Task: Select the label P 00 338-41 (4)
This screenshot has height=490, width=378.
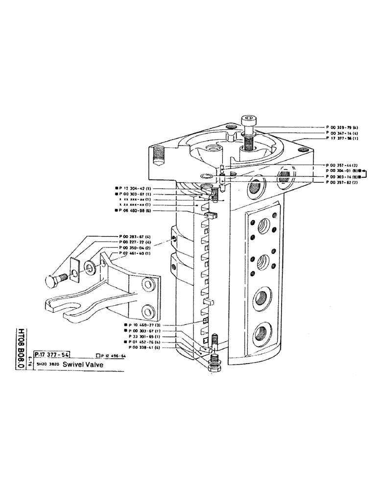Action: click(x=145, y=348)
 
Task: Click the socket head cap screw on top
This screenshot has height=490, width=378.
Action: click(x=248, y=122)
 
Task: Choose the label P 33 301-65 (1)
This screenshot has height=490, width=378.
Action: click(x=145, y=337)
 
